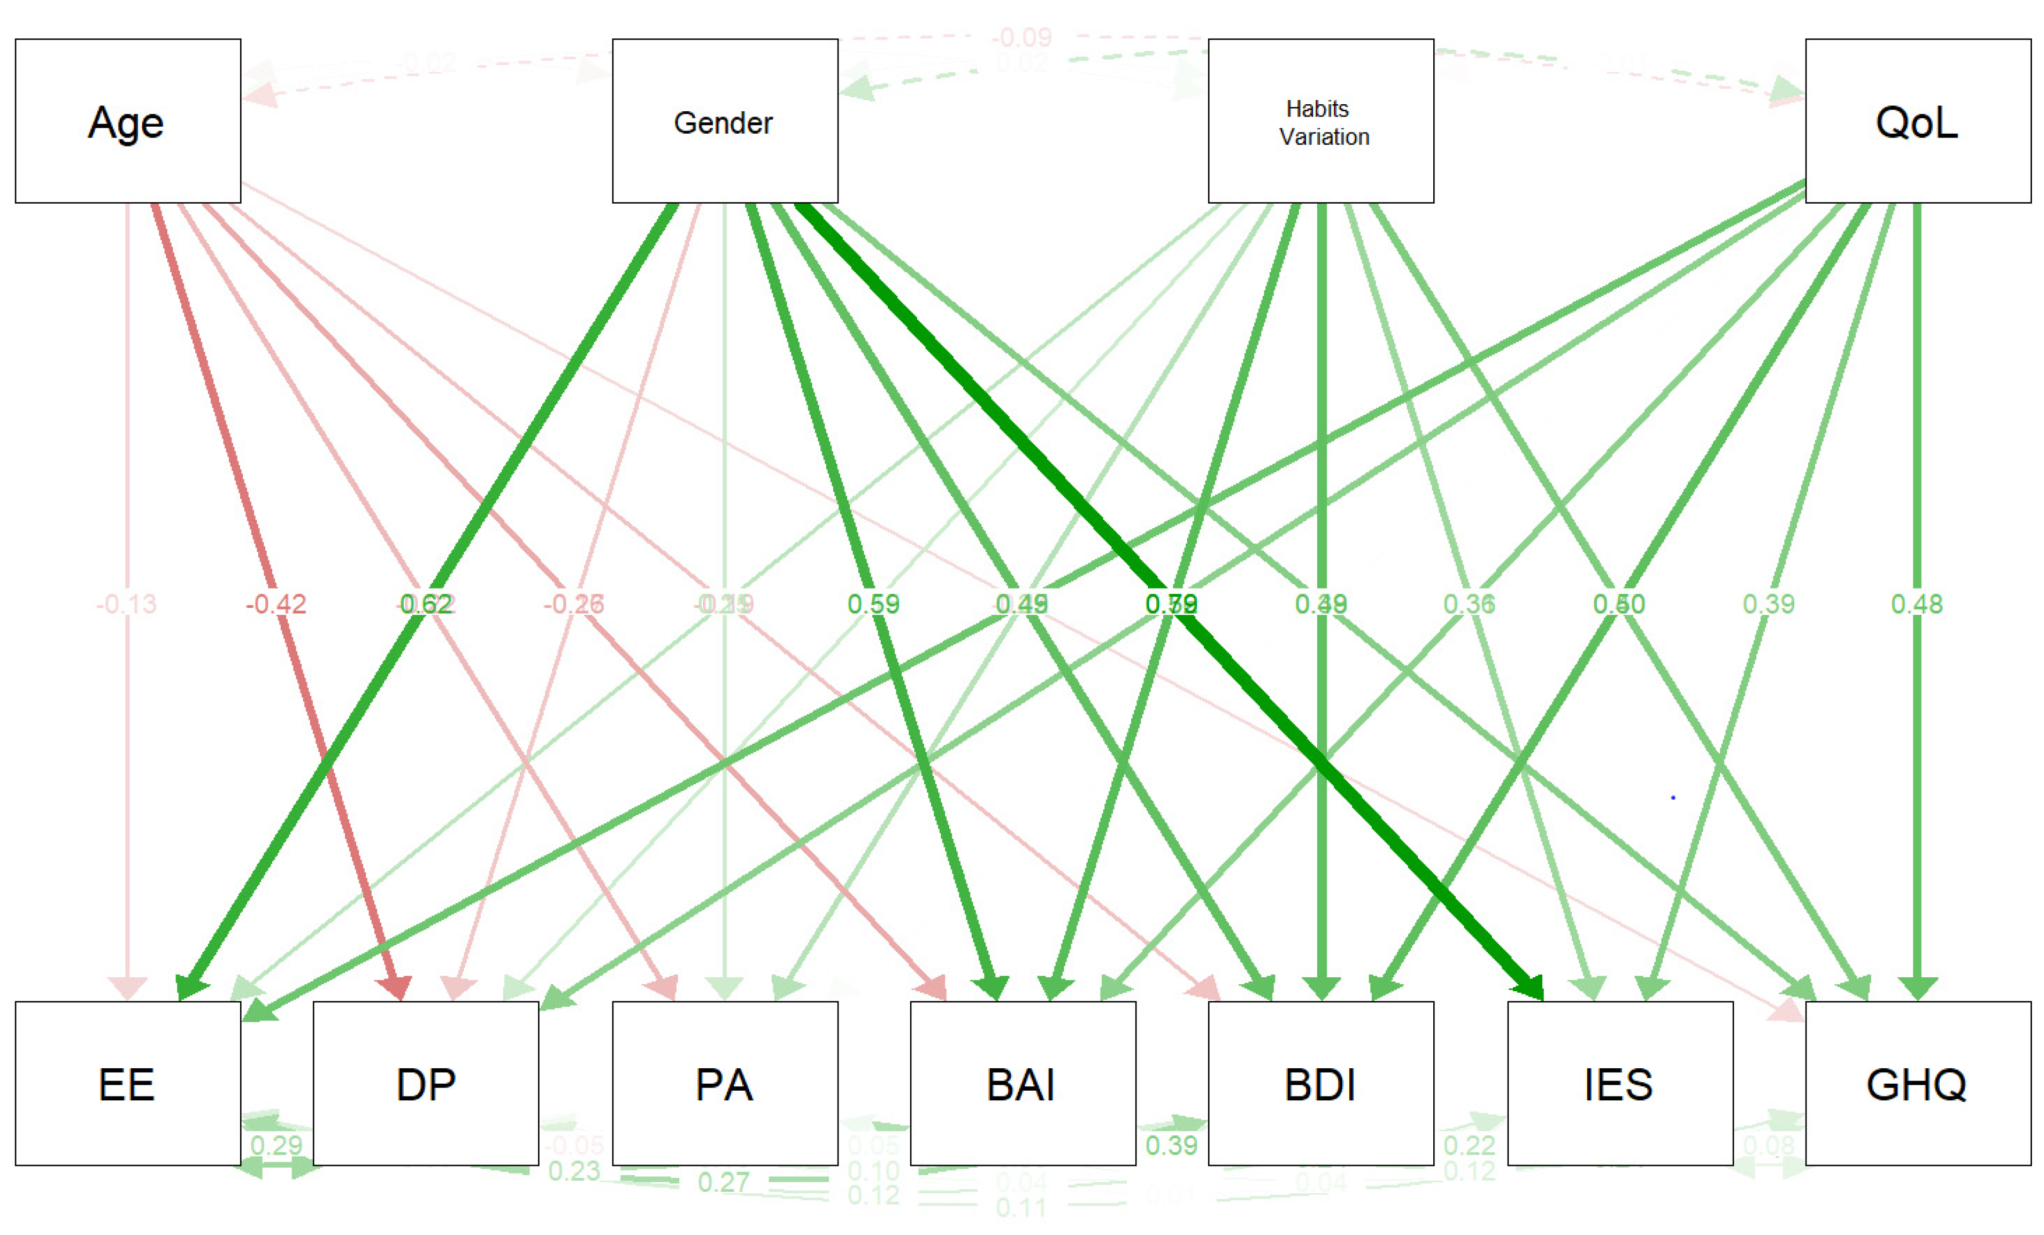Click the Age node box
coord(128,121)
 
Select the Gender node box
coord(724,121)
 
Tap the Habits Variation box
coord(1320,121)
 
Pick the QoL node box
coord(1917,121)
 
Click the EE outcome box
coord(128,1083)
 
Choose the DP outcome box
coord(426,1083)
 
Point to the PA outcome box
coord(724,1083)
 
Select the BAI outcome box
coord(1022,1083)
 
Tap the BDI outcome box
coord(1320,1083)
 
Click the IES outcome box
coord(1619,1083)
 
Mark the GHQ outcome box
coord(1917,1083)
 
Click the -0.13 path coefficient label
coord(126,604)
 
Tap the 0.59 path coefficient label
coord(873,604)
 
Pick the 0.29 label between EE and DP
coord(276,1145)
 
